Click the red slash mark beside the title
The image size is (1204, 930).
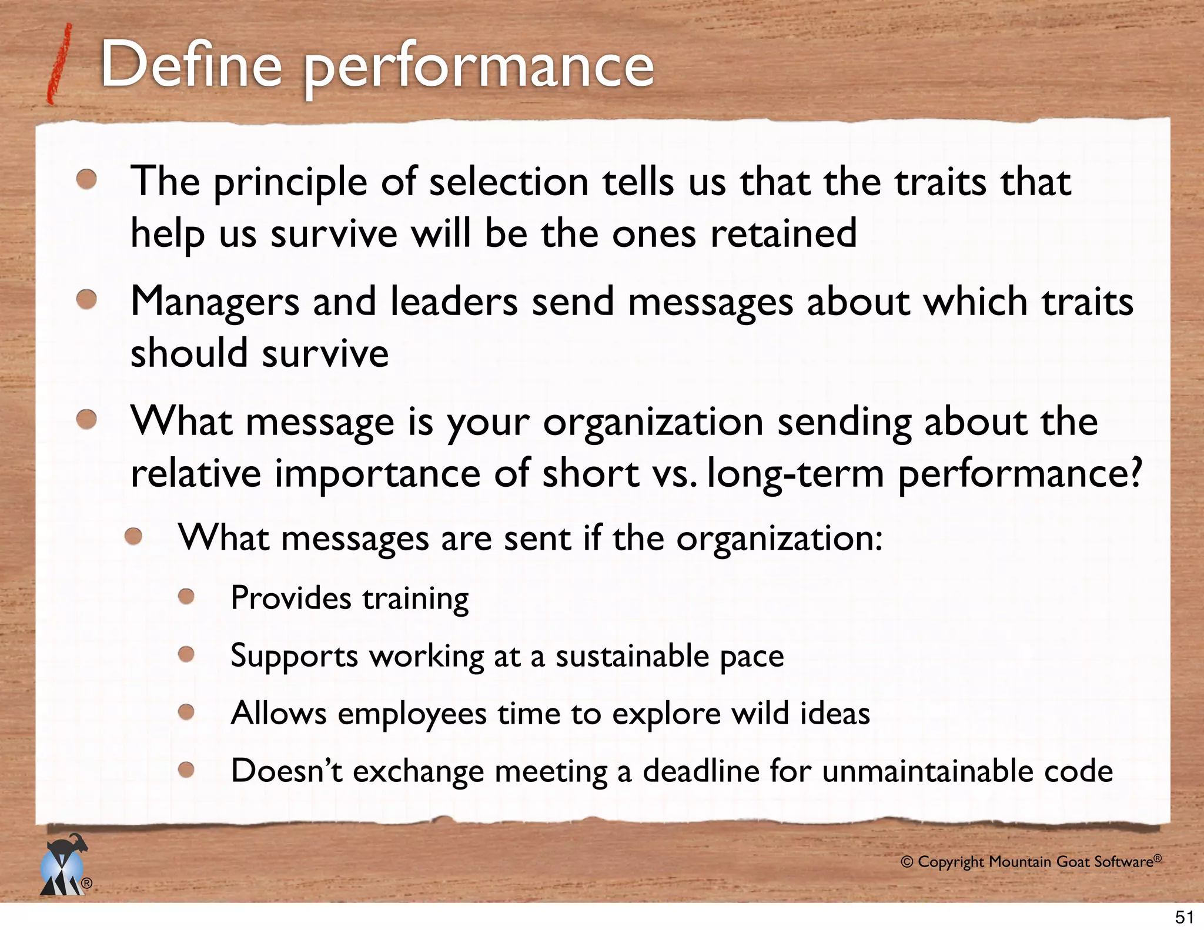61,65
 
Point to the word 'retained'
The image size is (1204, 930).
783,233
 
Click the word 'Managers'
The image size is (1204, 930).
215,302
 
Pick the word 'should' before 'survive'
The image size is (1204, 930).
189,353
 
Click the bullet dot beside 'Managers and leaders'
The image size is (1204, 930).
87,300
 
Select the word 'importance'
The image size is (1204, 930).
377,473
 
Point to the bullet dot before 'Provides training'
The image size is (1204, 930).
186,597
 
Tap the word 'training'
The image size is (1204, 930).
415,598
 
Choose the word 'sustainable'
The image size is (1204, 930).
632,656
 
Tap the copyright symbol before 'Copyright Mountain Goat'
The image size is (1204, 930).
907,862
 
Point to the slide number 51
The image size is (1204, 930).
1184,917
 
